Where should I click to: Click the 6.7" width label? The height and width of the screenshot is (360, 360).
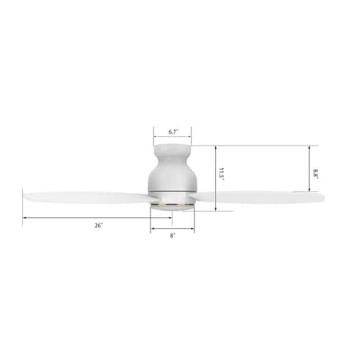(x=173, y=132)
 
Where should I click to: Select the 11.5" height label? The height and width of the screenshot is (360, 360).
(x=222, y=173)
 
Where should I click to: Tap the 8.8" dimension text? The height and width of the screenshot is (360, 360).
(x=316, y=173)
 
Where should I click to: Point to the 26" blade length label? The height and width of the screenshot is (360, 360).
(x=98, y=225)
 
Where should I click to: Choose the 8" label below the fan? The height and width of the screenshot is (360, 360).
(x=173, y=235)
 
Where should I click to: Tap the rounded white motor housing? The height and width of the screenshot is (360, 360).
(x=173, y=176)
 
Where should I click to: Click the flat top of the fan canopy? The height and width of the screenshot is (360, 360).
(x=173, y=146)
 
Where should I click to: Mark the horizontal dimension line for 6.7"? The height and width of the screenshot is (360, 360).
(x=173, y=138)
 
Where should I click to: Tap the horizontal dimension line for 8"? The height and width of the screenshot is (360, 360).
(x=173, y=229)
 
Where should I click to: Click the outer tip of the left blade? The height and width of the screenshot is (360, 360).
(x=25, y=193)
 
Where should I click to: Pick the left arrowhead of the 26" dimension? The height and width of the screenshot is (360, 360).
(x=24, y=218)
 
